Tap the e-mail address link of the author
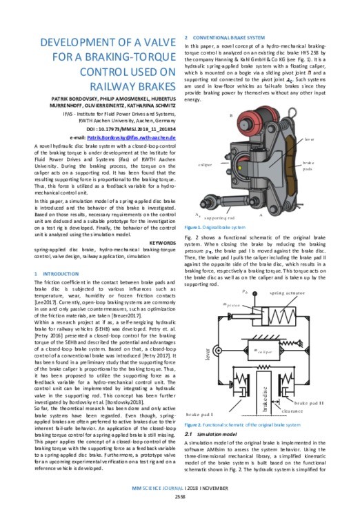point(124,139)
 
